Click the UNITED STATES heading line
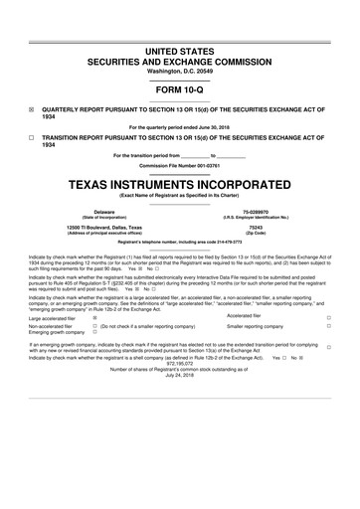(x=179, y=50)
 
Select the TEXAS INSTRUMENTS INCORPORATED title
(x=179, y=185)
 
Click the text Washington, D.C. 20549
(x=179, y=70)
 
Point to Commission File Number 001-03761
(x=179, y=165)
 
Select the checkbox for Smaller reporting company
(x=328, y=326)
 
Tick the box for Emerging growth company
(x=93, y=333)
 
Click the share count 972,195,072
(x=179, y=363)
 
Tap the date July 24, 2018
(x=179, y=375)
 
